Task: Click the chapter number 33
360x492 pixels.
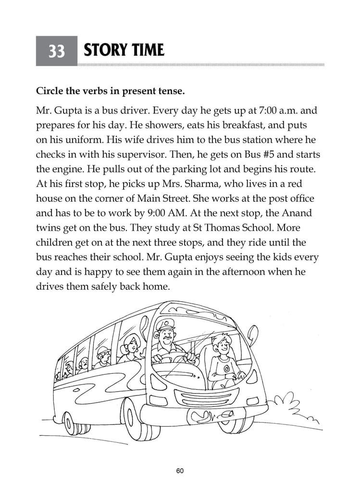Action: coord(56,51)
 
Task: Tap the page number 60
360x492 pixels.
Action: coord(180,471)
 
